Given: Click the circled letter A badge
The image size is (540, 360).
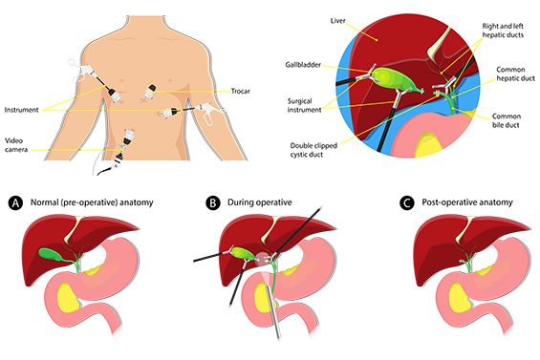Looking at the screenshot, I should (x=14, y=202).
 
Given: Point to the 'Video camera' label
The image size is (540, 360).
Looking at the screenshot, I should (x=21, y=143).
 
